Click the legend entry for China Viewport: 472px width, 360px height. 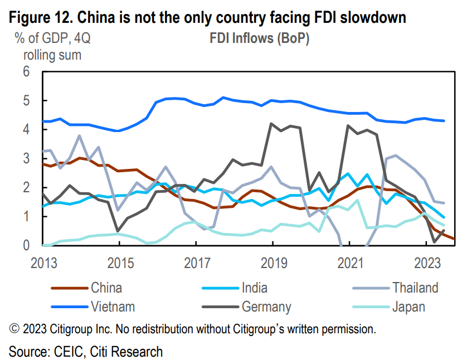(x=106, y=288)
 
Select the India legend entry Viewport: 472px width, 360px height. (x=254, y=288)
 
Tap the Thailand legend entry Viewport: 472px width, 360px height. (x=415, y=288)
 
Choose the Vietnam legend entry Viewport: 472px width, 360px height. (x=113, y=306)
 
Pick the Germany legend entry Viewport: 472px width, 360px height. (x=266, y=306)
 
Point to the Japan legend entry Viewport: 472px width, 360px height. (x=409, y=306)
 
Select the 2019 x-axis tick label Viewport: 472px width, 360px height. (x=273, y=262)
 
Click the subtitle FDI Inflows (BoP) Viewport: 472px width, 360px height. (x=259, y=38)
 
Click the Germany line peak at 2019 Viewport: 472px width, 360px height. (x=271, y=124)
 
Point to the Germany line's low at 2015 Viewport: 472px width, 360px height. (x=118, y=230)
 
